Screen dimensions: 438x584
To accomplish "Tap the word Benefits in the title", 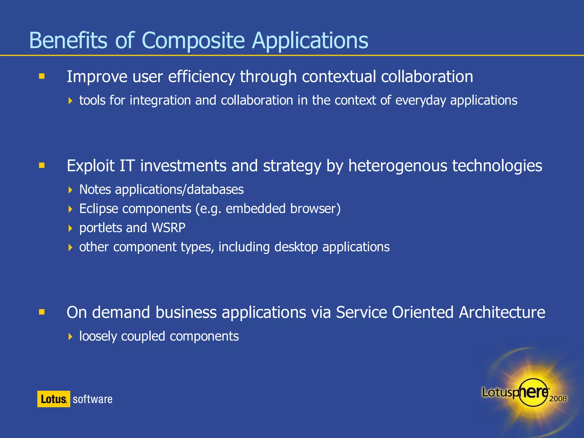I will pos(68,40).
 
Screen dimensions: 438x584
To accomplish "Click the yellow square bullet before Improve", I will pos(42,76).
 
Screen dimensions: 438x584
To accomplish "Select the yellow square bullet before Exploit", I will pos(42,165).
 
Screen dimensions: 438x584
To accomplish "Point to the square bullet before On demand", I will pos(42,312).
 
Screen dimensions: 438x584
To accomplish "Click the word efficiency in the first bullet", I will pos(201,77).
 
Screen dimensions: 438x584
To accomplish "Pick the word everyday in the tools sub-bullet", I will pos(420,100).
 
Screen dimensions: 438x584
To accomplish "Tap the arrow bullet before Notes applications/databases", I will pos(70,190).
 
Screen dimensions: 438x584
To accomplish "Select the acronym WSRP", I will pos(168,228).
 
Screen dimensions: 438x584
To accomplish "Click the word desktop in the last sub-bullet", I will pos(296,247).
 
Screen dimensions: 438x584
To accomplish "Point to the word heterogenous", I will pos(398,166).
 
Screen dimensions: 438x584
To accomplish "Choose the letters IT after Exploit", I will pos(127,166).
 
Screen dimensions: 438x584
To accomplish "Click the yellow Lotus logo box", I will pos(54,399).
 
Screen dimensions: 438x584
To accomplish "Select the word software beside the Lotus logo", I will pos(92,399).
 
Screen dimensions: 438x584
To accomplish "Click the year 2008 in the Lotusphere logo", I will pos(558,399).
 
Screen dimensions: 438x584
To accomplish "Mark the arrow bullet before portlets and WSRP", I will pos(70,228).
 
